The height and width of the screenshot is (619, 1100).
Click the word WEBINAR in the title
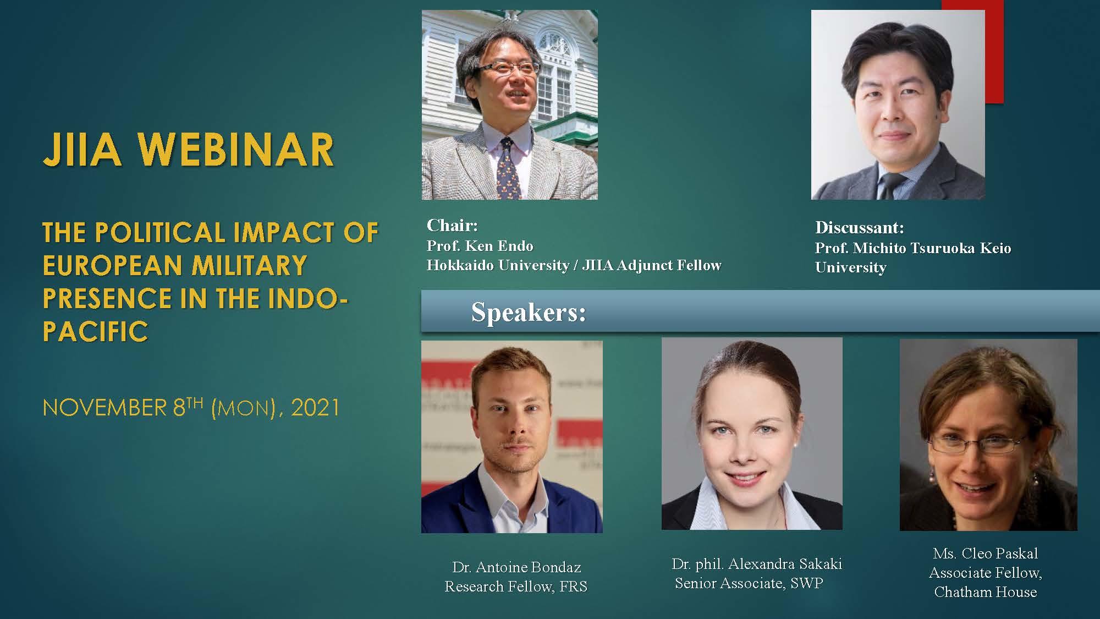pyautogui.click(x=235, y=150)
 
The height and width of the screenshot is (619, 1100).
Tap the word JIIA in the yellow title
pyautogui.click(x=82, y=150)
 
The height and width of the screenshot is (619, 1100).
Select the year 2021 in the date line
pyautogui.click(x=315, y=408)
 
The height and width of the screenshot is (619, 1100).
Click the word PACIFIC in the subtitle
pyautogui.click(x=96, y=331)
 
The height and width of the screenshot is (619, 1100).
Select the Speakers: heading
pyautogui.click(x=529, y=313)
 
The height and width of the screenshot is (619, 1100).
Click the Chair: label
pyautogui.click(x=452, y=225)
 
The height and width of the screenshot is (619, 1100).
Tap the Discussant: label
pyautogui.click(x=860, y=227)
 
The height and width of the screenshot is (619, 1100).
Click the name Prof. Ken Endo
pyautogui.click(x=480, y=245)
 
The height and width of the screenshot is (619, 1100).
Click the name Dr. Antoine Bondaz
pyautogui.click(x=516, y=567)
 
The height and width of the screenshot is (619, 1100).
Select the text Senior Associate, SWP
pyautogui.click(x=749, y=583)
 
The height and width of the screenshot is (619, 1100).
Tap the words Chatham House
pyautogui.click(x=986, y=592)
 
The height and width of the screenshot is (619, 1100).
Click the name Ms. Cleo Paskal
pyautogui.click(x=986, y=554)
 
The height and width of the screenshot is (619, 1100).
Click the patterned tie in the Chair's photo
pyautogui.click(x=509, y=168)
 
